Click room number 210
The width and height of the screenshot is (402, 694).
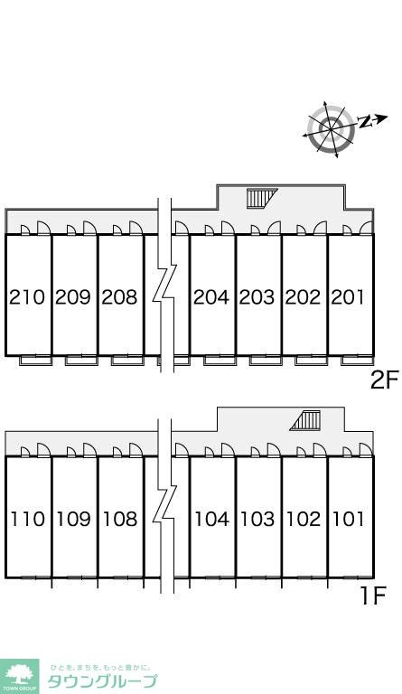click(x=27, y=297)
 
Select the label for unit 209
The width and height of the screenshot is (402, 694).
click(x=73, y=297)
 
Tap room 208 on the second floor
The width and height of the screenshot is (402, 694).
click(x=119, y=297)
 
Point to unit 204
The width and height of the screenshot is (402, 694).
click(x=211, y=297)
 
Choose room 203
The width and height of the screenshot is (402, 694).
click(x=257, y=297)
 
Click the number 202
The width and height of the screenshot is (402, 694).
click(x=303, y=297)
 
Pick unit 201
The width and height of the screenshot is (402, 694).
click(x=349, y=297)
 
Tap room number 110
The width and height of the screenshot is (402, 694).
click(x=28, y=519)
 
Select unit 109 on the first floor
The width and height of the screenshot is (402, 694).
click(x=74, y=519)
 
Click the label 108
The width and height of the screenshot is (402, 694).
click(x=120, y=519)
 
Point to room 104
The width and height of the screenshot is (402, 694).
click(x=212, y=519)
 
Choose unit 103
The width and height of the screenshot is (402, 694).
click(x=257, y=519)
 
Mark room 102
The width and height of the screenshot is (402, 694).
click(x=304, y=519)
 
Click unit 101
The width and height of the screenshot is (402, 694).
click(x=349, y=519)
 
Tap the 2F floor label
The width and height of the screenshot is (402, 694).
click(x=385, y=380)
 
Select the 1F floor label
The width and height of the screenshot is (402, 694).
click(x=374, y=596)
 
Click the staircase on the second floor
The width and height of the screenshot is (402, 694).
click(x=262, y=198)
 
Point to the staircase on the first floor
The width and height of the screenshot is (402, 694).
click(x=305, y=420)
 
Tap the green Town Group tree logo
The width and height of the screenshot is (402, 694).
click(x=19, y=676)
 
